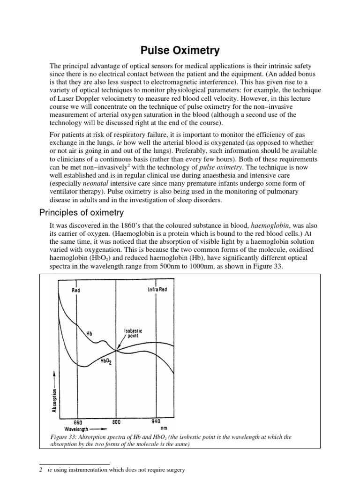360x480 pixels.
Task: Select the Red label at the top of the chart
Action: tap(75, 290)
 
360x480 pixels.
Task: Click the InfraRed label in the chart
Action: tap(157, 289)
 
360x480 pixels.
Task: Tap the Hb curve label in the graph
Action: tap(89, 333)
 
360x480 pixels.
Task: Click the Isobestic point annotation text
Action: tap(133, 333)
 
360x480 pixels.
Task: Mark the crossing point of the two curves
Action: tap(116, 350)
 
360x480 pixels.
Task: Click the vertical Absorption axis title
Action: tap(55, 399)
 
